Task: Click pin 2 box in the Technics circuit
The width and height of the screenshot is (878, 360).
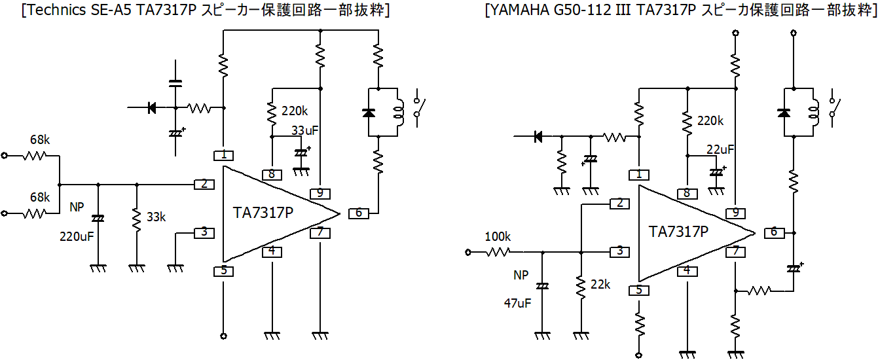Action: pos(204,184)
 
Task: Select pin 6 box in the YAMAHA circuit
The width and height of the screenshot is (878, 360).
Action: pos(773,232)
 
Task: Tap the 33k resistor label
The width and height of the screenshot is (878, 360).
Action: pos(156,217)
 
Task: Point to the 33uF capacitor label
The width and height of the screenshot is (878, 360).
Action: pos(304,130)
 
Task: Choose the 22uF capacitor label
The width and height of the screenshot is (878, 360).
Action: pos(720,149)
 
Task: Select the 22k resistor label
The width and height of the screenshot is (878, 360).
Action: pos(600,285)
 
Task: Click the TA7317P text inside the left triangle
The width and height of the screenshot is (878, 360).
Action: pos(263,213)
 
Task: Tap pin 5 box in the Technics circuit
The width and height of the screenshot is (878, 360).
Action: pos(224,270)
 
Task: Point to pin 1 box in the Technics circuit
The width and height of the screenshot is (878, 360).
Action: pos(224,155)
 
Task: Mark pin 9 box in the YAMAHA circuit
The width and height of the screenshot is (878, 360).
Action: pos(735,213)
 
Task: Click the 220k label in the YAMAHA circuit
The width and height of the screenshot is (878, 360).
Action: pos(710,121)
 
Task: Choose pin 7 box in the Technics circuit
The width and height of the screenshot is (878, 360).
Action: pos(320,232)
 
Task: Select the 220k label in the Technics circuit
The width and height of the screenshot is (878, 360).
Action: pos(295,111)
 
